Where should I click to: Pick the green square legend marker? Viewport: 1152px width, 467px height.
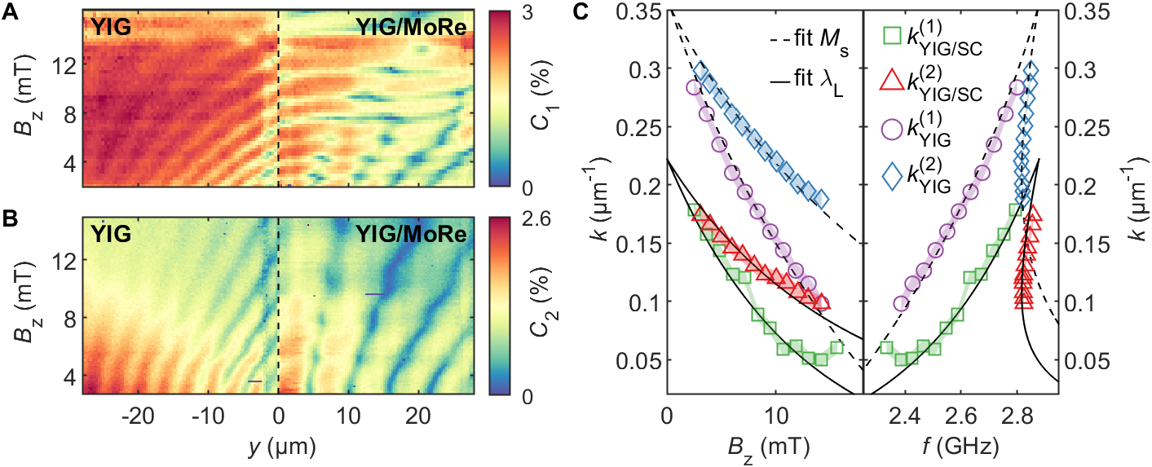tap(892, 36)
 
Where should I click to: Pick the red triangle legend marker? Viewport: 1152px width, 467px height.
tap(892, 78)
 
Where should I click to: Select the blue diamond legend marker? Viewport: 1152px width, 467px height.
tap(892, 171)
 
